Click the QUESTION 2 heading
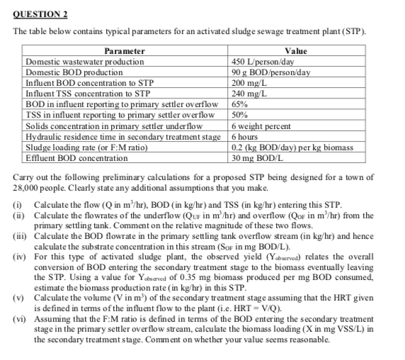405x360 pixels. [41, 14]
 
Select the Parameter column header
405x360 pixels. [125, 52]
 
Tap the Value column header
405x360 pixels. [295, 52]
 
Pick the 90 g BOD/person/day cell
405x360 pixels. [271, 72]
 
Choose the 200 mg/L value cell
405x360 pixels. [248, 82]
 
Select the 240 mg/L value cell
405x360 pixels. [248, 93]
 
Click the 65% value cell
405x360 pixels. [241, 103]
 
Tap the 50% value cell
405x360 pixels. [241, 113]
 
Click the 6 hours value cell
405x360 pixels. [246, 135]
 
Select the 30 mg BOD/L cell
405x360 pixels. [260, 156]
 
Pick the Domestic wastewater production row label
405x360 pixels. [85, 62]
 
